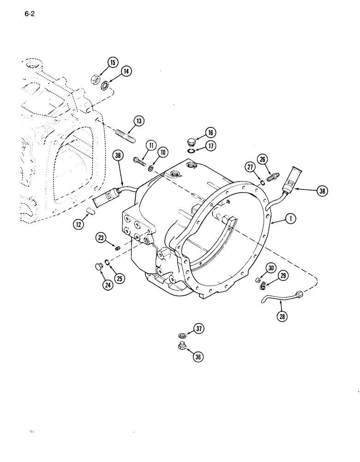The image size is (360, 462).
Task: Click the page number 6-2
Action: tap(29, 14)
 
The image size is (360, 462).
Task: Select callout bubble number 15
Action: tap(113, 62)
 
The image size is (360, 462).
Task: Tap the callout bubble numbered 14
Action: tap(126, 71)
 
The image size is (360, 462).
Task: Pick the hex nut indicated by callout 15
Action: tap(95, 79)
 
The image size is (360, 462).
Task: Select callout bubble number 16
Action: tap(210, 133)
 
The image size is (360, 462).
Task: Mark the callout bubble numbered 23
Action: tap(101, 237)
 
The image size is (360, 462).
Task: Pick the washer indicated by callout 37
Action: tap(182, 335)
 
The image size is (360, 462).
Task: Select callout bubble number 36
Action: tap(198, 356)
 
